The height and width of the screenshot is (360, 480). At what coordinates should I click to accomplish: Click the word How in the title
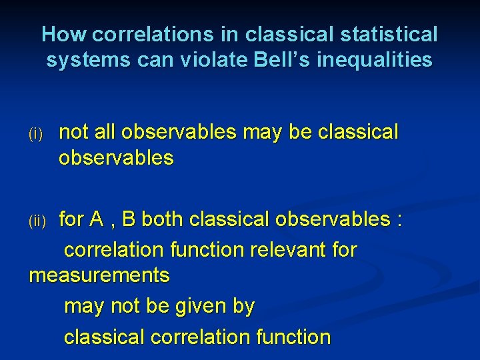65,34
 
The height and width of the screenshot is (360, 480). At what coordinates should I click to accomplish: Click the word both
163,219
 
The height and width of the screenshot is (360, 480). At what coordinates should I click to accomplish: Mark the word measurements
99,275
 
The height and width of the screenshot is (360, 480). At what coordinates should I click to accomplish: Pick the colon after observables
399,221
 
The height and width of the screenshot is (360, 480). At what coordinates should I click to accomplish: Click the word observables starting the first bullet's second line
116,159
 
